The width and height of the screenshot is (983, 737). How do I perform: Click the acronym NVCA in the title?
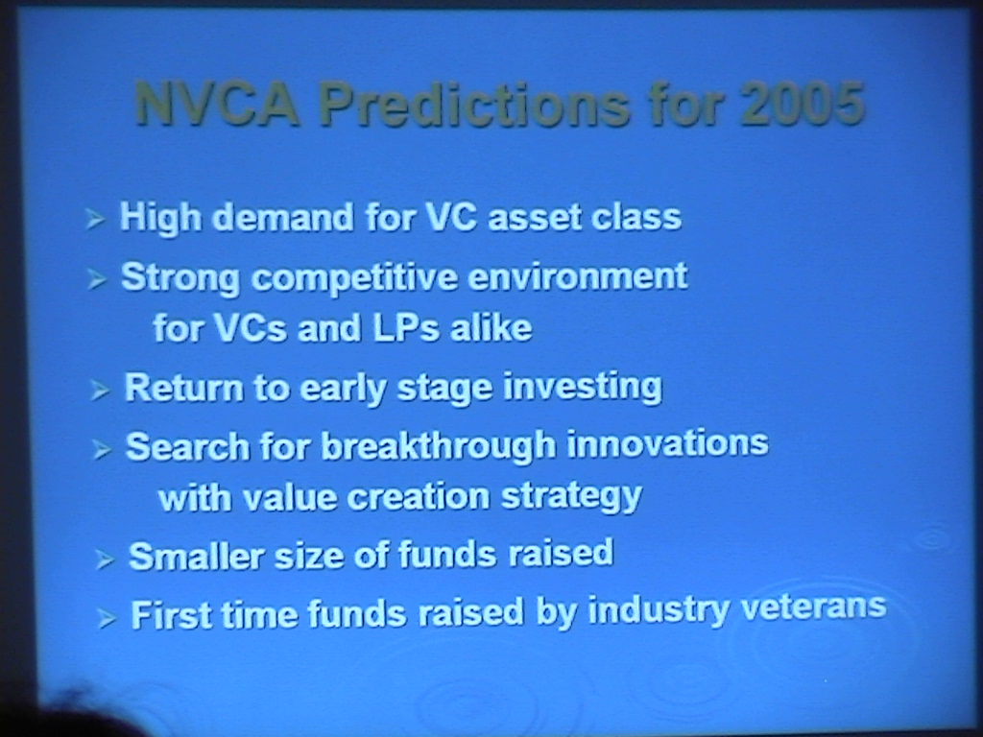coord(217,104)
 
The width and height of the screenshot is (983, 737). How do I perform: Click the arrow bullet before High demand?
coord(95,219)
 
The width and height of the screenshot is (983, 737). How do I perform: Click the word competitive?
coord(354,278)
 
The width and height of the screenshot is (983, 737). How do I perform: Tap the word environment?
coord(577,276)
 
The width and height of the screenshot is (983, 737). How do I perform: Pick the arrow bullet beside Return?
coord(100,391)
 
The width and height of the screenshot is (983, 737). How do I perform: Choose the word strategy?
coord(571,498)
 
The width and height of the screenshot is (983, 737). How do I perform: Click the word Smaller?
coord(196,556)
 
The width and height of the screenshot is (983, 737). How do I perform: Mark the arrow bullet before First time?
coord(107,619)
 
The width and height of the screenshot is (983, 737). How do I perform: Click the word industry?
coord(659,610)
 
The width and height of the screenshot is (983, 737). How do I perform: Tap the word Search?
coord(187,447)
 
